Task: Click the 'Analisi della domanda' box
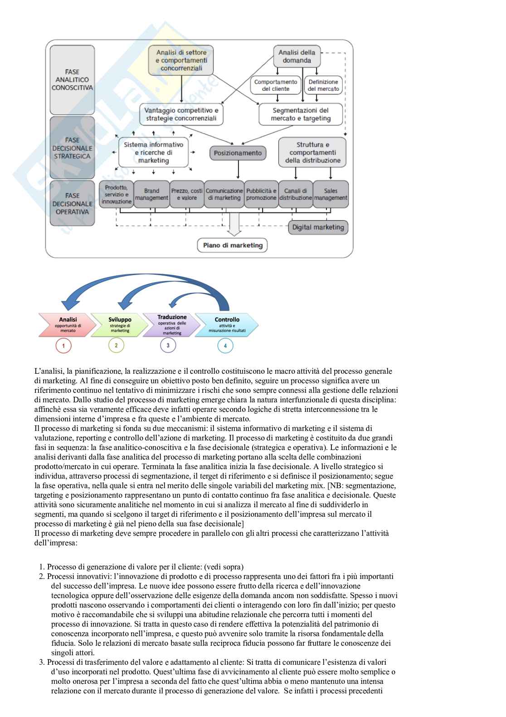[297, 56]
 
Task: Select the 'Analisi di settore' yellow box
[181, 60]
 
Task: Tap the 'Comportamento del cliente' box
[276, 85]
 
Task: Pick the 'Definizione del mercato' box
[323, 85]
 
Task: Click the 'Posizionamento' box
[238, 153]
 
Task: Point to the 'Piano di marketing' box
[233, 246]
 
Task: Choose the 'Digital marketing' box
[318, 227]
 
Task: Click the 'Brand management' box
[151, 194]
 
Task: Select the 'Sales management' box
[331, 194]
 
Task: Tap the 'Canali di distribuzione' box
[296, 194]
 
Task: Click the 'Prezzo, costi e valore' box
[187, 194]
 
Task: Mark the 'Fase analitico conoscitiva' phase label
[72, 79]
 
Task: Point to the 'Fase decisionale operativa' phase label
[72, 203]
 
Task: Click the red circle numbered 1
[63, 346]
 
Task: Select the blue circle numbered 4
[225, 346]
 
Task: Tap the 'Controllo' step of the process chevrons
[227, 325]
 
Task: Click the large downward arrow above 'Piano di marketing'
[234, 223]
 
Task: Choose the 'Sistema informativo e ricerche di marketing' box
[153, 153]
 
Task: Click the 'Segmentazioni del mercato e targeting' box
[301, 114]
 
